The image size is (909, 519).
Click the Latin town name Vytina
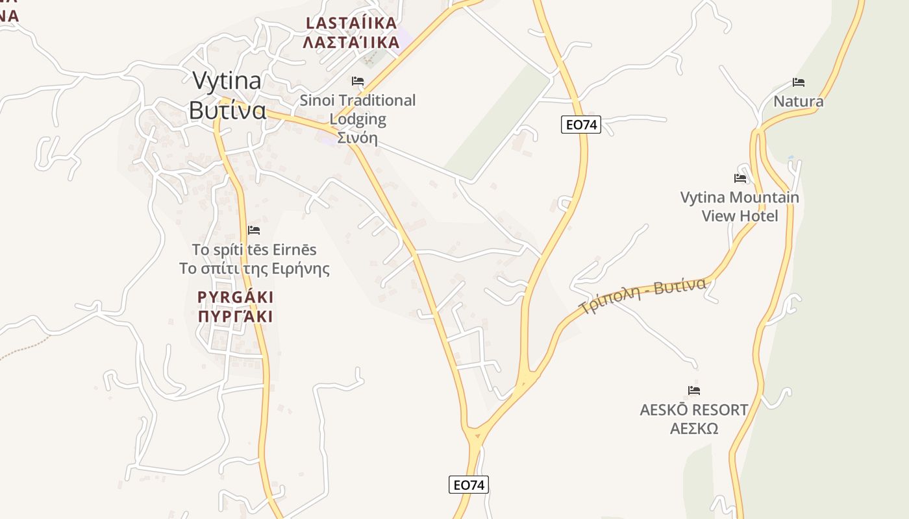point(227,80)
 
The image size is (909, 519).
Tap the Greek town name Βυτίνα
point(227,110)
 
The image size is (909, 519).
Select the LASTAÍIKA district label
point(351,23)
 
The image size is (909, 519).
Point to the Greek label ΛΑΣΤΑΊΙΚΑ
point(351,43)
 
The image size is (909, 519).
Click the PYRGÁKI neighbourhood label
point(235,297)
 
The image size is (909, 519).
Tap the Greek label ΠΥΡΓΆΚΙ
point(235,317)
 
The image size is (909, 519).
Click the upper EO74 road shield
point(581,125)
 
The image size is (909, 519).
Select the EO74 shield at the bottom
point(469,485)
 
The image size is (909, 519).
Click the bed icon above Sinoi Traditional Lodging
point(357,81)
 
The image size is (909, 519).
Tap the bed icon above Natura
point(799,82)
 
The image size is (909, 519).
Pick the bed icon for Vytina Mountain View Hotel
point(740,178)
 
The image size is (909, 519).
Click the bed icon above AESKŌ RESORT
point(694,391)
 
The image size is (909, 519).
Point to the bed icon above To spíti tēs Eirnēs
point(254,230)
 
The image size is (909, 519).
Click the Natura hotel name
point(799,101)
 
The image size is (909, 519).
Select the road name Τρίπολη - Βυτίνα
point(642,296)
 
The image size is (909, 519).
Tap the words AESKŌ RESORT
point(694,410)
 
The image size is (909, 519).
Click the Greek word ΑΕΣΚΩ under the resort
point(694,428)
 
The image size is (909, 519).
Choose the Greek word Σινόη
point(357,138)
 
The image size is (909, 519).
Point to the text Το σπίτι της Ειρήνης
point(255,269)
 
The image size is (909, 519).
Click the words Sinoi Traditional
point(357,101)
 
